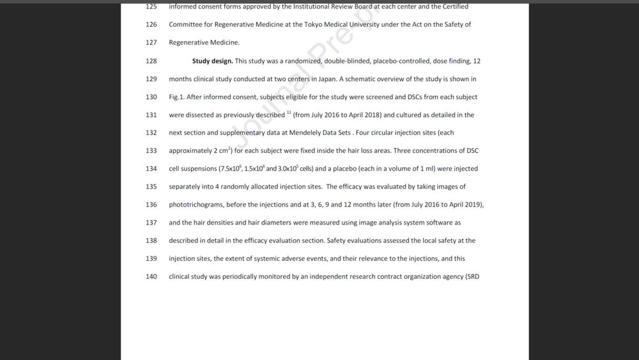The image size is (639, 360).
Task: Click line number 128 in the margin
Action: pyautogui.click(x=151, y=61)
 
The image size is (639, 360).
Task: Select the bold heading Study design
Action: pyautogui.click(x=212, y=61)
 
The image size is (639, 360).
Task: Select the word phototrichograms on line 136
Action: pyautogui.click(x=195, y=205)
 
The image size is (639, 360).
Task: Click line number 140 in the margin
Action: pyautogui.click(x=151, y=277)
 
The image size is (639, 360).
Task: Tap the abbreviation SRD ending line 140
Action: pyautogui.click(x=472, y=277)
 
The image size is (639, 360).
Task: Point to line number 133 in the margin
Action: pyautogui.click(x=151, y=151)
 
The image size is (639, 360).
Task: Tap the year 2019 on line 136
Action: pyautogui.click(x=473, y=205)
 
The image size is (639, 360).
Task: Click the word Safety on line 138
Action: pyautogui.click(x=337, y=241)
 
